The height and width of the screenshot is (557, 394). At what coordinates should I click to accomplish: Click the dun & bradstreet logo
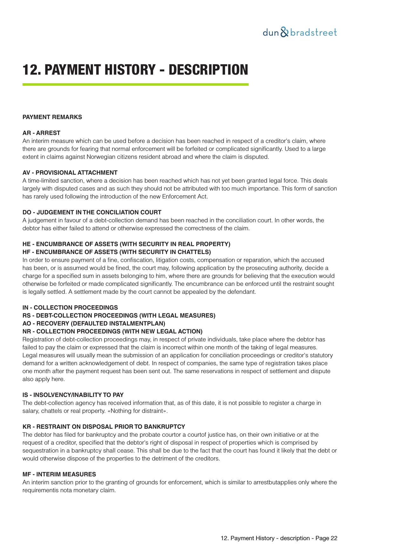299,32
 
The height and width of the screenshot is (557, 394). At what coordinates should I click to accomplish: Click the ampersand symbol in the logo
285,32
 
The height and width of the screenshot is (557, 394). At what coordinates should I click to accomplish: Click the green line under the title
135,84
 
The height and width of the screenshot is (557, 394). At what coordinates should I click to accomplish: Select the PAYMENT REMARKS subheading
52,117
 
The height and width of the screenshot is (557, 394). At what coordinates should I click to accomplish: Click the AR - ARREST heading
41,133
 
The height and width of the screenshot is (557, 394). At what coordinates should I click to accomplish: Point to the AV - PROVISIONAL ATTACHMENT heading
70,173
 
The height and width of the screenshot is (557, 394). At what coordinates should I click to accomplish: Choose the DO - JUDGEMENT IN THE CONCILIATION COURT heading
92,212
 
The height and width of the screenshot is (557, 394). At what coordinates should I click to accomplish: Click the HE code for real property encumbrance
27,244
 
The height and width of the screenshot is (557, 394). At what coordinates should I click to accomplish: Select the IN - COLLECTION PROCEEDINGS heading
70,308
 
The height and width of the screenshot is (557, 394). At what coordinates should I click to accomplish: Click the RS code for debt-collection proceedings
27,316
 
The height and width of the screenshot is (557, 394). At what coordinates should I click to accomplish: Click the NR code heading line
112,332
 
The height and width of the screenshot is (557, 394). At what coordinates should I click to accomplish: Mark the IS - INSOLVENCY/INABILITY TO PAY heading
73,395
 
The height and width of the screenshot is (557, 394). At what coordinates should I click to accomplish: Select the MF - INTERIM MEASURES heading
59,474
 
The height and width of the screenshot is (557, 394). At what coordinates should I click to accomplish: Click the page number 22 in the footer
334,538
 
